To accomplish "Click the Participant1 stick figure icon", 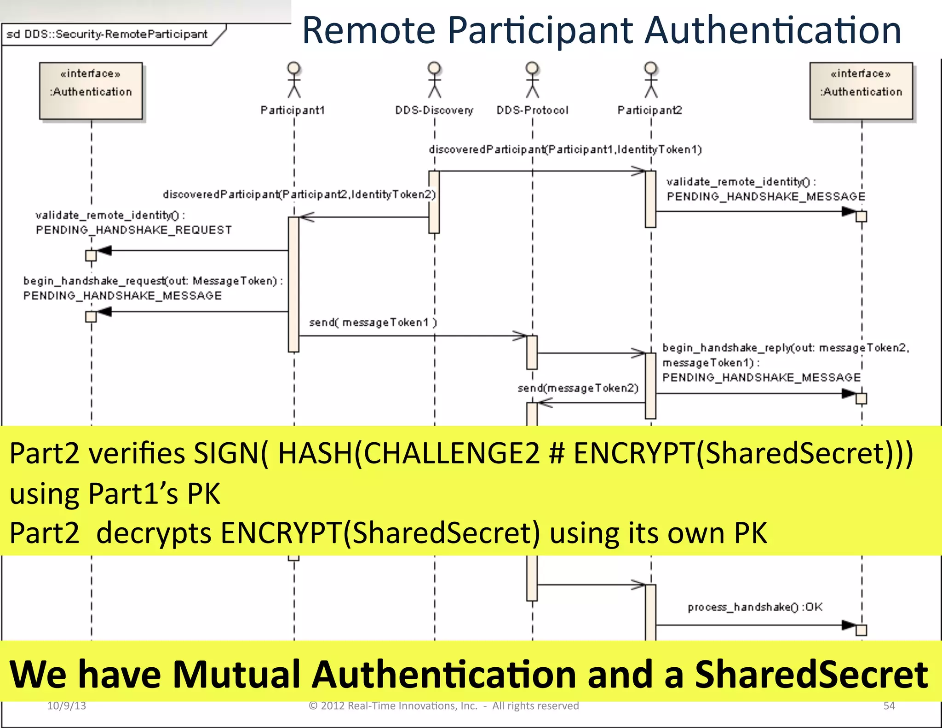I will [x=294, y=80].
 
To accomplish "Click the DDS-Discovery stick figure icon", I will [x=434, y=80].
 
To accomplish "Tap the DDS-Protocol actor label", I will [x=532, y=110].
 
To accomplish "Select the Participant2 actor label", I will [x=649, y=110].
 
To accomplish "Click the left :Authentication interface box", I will [x=91, y=91].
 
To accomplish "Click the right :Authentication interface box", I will [x=861, y=91].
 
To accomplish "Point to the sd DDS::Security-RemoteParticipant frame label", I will [x=107, y=35].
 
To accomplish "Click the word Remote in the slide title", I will [x=368, y=30].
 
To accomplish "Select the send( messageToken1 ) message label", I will [x=373, y=323].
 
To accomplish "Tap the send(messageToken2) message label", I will [x=578, y=388].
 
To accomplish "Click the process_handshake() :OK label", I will [x=755, y=607].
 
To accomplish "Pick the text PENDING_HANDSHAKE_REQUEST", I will [x=134, y=230].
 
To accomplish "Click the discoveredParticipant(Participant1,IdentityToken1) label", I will [x=565, y=150].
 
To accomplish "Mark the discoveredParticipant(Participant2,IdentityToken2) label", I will [x=299, y=195].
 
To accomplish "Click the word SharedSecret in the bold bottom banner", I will [x=811, y=675].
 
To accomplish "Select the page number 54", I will [x=889, y=706].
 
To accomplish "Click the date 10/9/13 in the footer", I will [x=67, y=706].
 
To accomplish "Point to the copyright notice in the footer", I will [x=443, y=706].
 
